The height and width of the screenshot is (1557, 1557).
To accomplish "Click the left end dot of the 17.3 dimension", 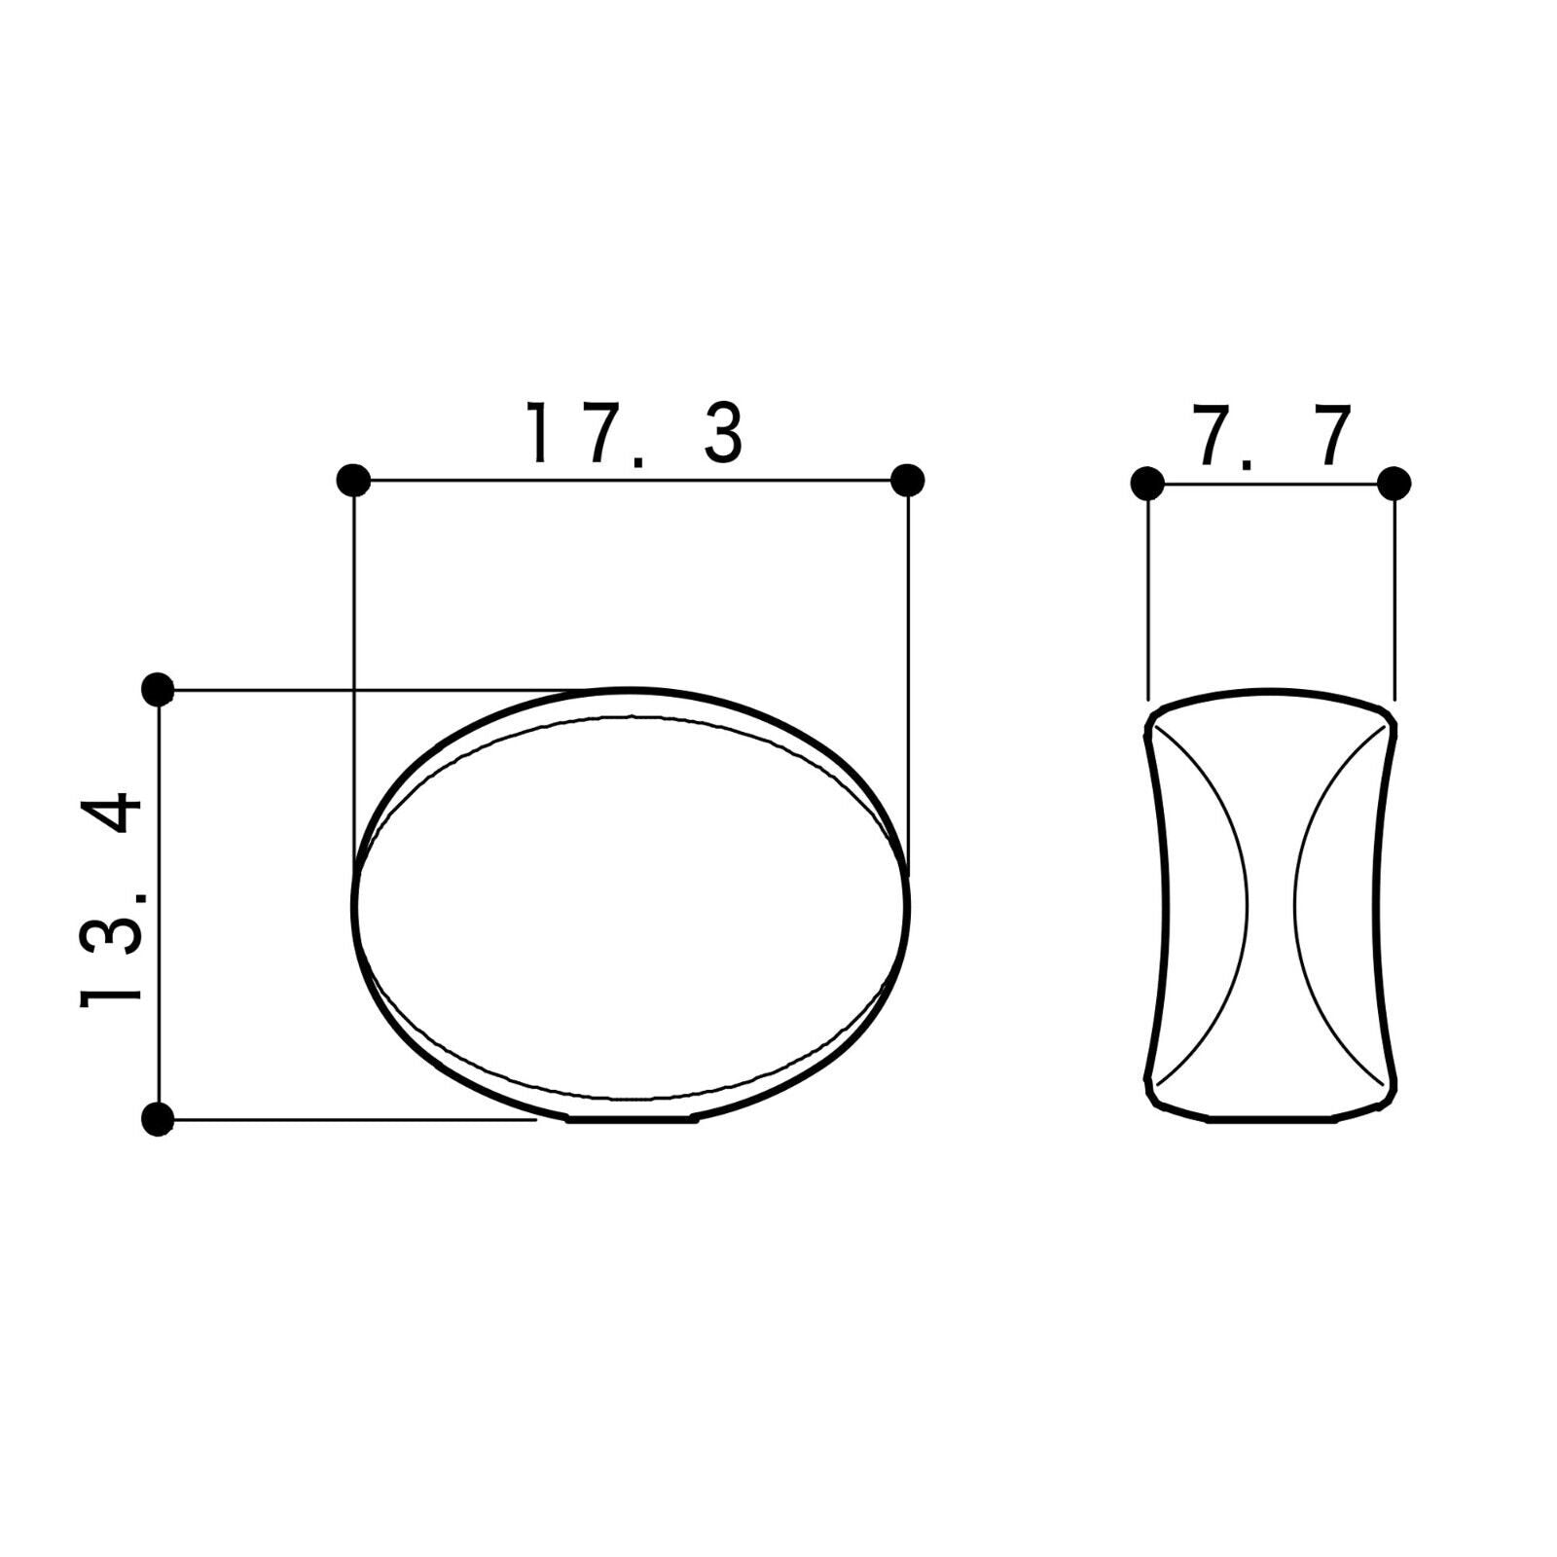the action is pyautogui.click(x=353, y=480).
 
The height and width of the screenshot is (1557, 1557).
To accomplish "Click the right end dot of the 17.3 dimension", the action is pyautogui.click(x=907, y=480).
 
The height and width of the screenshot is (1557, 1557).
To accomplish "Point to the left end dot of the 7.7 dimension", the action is pyautogui.click(x=1148, y=483).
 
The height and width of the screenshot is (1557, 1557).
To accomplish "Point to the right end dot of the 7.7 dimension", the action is pyautogui.click(x=1394, y=483).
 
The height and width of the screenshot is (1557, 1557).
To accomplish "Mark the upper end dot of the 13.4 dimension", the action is pyautogui.click(x=158, y=690).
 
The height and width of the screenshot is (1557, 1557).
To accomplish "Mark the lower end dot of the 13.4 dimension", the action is pyautogui.click(x=158, y=1119).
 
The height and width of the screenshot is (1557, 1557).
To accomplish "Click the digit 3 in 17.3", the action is pyautogui.click(x=723, y=434).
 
